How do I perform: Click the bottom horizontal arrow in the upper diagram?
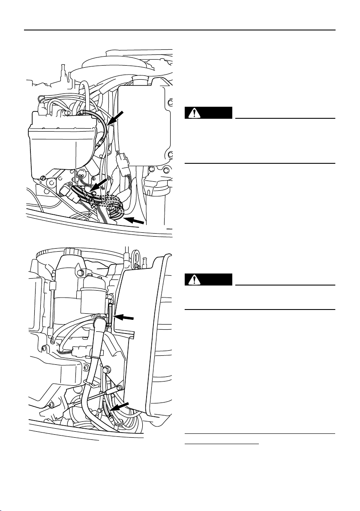tap(136, 222)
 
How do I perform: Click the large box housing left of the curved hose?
tap(60, 141)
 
